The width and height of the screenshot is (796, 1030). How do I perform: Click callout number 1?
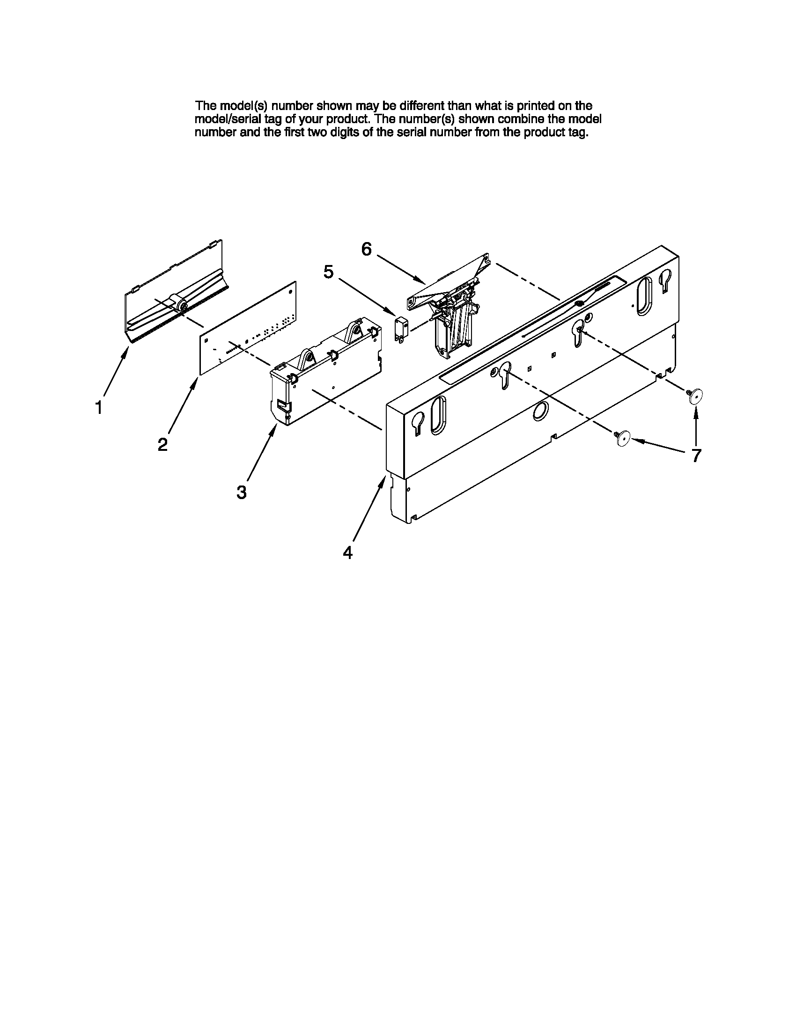click(98, 407)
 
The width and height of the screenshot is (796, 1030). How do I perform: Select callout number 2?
click(162, 444)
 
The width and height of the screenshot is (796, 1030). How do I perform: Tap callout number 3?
click(242, 493)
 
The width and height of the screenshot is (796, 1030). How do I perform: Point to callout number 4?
click(347, 552)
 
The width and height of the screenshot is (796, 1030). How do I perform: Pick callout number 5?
click(329, 272)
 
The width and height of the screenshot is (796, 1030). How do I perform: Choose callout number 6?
click(367, 249)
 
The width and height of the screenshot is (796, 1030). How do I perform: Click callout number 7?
click(696, 456)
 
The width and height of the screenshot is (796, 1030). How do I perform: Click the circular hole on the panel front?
click(540, 412)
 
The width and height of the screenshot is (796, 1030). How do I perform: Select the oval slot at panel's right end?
click(644, 296)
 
